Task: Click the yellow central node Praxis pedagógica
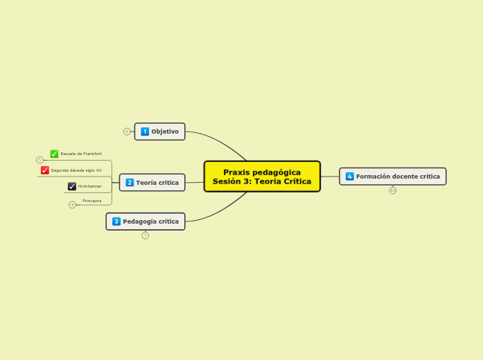click(262, 177)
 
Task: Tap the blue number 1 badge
click(145, 132)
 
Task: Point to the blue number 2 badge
click(130, 183)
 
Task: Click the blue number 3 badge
click(116, 222)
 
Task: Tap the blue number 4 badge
click(350, 177)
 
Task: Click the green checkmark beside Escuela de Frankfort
click(54, 154)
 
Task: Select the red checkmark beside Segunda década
click(44, 170)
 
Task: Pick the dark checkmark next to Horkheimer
click(72, 186)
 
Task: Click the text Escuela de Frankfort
click(81, 154)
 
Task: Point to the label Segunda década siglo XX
click(76, 170)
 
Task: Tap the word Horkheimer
click(90, 186)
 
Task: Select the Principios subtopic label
click(92, 201)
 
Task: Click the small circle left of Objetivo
click(127, 132)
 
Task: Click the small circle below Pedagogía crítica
click(146, 235)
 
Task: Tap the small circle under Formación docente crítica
click(393, 190)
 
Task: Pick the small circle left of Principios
click(72, 205)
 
